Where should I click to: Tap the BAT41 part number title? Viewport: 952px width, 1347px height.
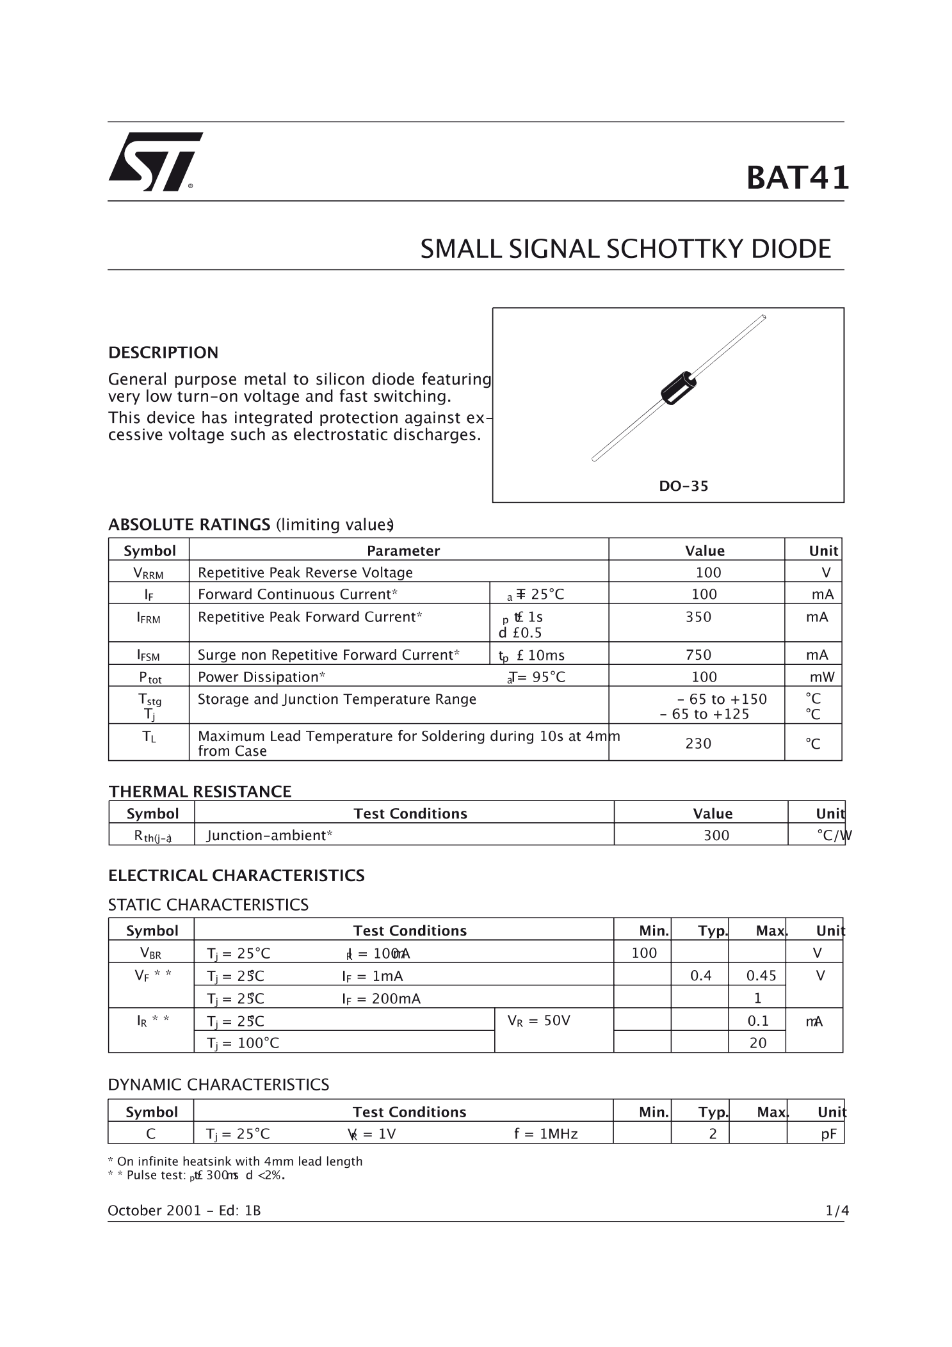click(797, 178)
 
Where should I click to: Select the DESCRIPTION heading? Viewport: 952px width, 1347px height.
click(163, 353)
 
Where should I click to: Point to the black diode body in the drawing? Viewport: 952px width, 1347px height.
click(678, 388)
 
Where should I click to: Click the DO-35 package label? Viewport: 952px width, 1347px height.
click(683, 486)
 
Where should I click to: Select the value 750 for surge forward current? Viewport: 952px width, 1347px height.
click(698, 655)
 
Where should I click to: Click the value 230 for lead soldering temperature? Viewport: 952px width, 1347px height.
click(698, 744)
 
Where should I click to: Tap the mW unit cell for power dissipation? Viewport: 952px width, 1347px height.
click(821, 677)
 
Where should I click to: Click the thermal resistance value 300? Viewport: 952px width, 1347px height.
click(716, 835)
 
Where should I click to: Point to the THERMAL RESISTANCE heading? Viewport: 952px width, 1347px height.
click(200, 792)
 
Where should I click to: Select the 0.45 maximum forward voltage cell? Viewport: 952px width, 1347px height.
click(761, 976)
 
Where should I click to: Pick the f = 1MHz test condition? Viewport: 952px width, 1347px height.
click(545, 1134)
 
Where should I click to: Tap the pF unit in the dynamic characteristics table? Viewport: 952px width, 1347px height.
click(828, 1134)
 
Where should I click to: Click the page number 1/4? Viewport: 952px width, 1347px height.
click(837, 1211)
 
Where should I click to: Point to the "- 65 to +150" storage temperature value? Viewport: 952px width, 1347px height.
click(722, 699)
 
